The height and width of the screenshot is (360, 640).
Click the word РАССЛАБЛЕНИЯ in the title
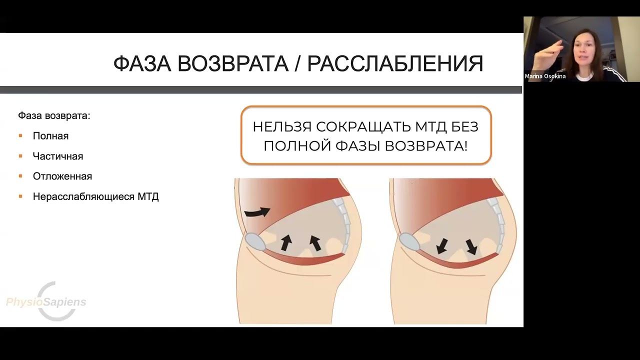pos(394,64)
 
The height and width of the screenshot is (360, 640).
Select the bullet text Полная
pos(50,136)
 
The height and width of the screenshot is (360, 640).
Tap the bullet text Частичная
pos(58,156)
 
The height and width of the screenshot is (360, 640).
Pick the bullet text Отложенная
pos(62,176)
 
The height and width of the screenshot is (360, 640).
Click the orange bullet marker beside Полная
pos(21,136)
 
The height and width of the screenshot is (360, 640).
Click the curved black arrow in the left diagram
pos(257,212)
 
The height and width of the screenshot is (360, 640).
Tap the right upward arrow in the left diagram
pos(315,242)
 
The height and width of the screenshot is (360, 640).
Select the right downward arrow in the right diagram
pos(471,246)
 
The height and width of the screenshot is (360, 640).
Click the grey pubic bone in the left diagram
pos(257,242)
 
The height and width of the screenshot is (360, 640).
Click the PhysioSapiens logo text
pos(46,302)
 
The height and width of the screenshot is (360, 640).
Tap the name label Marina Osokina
pos(545,76)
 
